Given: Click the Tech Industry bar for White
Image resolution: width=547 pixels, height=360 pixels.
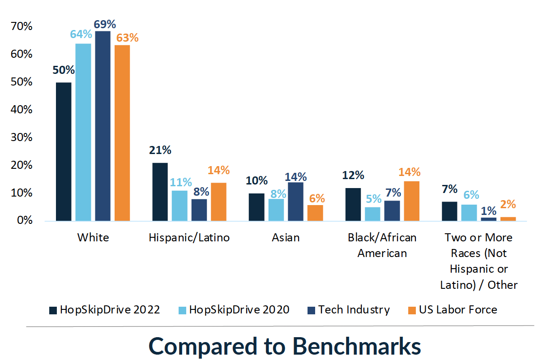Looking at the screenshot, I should point(103,126).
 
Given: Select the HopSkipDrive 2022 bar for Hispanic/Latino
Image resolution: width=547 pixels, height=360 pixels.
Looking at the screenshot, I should point(160,192).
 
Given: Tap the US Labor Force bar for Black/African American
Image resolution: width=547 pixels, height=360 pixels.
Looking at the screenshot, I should point(411,201).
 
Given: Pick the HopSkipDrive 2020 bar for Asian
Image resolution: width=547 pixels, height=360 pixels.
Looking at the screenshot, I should point(276,210).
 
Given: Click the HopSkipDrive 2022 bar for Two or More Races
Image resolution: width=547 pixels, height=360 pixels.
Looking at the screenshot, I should point(449,211).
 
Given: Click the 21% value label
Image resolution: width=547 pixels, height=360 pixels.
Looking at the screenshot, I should point(160,150).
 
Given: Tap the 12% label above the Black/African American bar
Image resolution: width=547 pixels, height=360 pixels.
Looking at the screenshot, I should point(353,176).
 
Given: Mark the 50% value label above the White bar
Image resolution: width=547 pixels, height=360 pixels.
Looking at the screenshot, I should point(64,70).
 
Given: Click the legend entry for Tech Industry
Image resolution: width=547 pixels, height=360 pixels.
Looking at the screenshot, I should point(349,310).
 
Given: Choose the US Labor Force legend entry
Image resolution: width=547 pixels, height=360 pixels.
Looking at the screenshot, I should point(452,310).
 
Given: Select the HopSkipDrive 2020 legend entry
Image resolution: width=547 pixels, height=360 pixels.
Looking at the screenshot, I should point(234,310).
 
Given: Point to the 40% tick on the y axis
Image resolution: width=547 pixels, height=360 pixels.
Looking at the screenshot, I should point(21,110).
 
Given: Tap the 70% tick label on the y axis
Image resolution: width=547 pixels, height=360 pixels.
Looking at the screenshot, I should point(21,26).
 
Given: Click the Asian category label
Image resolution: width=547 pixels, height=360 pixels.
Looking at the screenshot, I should point(286,237).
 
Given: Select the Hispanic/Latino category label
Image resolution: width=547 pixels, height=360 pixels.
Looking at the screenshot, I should point(189,237).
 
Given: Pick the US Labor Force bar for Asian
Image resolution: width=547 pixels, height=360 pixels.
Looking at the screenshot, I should point(315,213).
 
